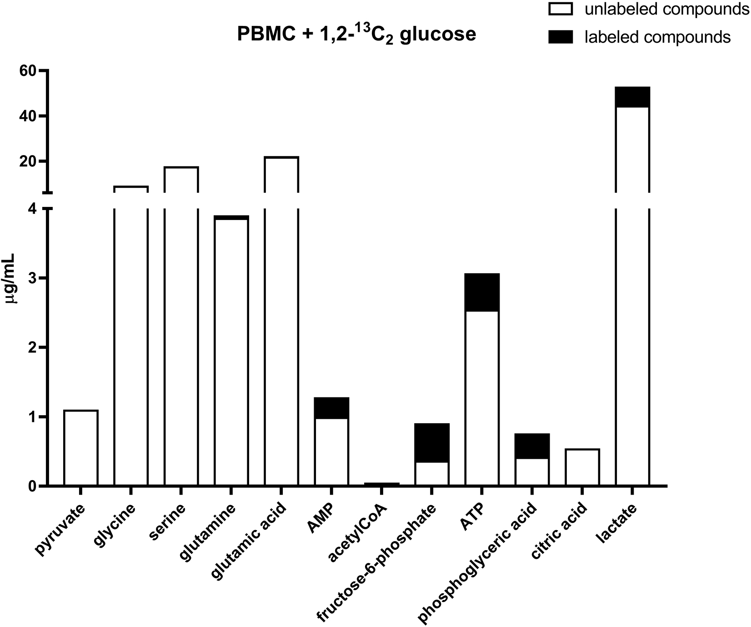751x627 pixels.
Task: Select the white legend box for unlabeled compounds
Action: (562, 10)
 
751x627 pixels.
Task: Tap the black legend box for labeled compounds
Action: (562, 36)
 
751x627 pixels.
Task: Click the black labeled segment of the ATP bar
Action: (482, 292)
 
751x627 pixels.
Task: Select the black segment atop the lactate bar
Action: (632, 97)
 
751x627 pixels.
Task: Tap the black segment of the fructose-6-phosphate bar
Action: (432, 442)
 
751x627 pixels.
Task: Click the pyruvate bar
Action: (81, 448)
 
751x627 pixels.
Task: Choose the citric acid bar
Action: (582, 467)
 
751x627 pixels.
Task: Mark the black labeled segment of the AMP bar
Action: (331, 408)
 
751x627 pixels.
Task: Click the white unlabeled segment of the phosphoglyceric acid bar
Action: (532, 472)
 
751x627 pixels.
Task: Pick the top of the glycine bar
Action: (130, 187)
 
